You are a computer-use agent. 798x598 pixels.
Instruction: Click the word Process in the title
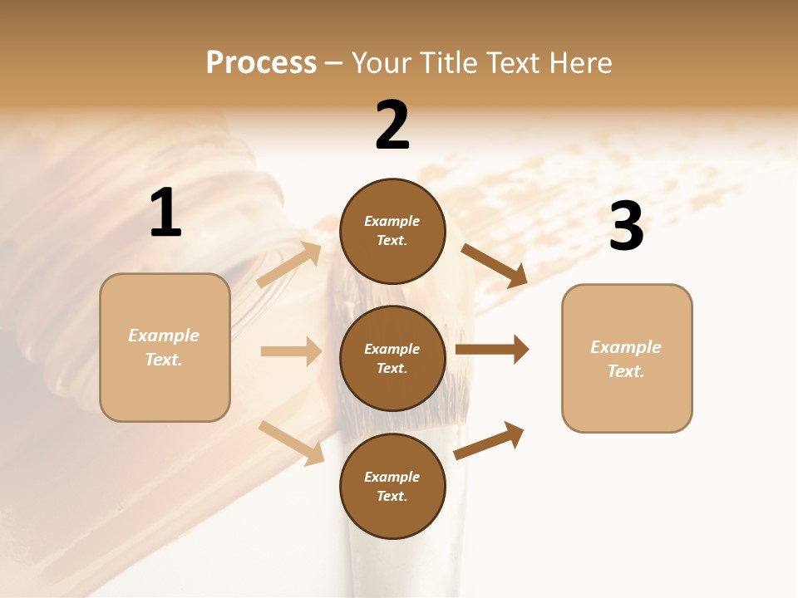[261, 63]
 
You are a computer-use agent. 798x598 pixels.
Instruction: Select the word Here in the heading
[579, 63]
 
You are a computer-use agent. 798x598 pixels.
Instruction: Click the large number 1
[165, 213]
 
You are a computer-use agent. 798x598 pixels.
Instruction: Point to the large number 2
[392, 125]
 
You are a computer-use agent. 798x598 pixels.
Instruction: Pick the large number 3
[626, 227]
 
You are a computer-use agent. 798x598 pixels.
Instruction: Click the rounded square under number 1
[165, 347]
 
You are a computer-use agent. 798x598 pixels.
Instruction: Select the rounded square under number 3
[627, 359]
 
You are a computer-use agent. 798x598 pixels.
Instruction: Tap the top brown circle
[392, 231]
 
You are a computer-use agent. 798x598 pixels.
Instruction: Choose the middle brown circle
[392, 359]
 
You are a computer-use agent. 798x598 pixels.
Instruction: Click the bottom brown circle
[392, 487]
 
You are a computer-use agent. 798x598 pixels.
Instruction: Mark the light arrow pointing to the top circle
[289, 265]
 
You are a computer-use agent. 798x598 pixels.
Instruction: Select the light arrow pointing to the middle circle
[291, 351]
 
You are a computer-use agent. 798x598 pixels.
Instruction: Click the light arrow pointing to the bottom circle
[291, 443]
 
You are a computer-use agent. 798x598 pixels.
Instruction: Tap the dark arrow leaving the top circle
[494, 266]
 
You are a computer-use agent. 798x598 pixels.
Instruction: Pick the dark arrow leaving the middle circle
[492, 350]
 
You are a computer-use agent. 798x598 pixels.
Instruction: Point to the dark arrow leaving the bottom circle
[489, 440]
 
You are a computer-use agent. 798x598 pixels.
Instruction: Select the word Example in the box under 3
[626, 347]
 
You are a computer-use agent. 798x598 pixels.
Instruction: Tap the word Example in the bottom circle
[392, 477]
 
